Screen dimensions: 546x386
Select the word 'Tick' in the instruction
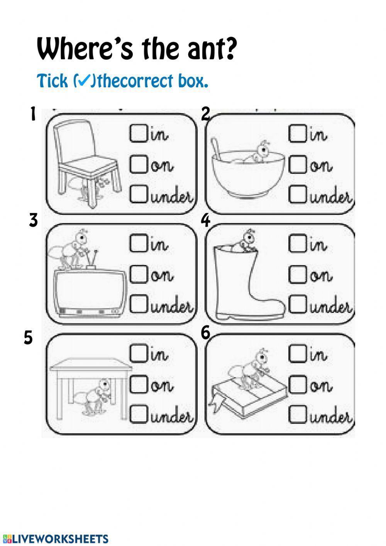click(52, 81)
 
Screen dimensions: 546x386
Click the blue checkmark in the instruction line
click(83, 81)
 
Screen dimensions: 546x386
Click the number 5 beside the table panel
click(29, 338)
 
